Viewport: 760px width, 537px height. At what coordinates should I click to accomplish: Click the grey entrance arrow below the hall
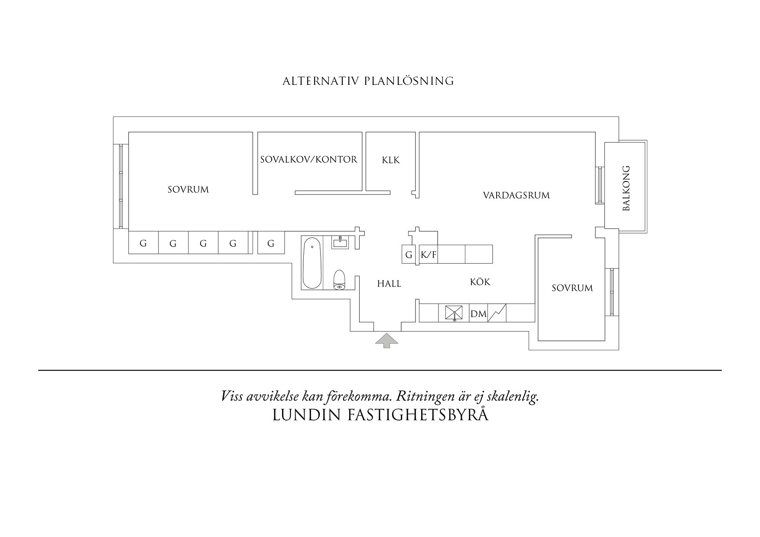tap(386, 340)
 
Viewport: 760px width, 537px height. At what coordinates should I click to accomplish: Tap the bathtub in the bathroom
tap(312, 263)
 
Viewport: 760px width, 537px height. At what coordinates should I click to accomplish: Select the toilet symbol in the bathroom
tap(339, 280)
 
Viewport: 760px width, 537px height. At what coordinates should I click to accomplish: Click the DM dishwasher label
tap(478, 314)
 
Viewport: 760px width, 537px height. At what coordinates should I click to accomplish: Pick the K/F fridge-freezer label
tap(429, 255)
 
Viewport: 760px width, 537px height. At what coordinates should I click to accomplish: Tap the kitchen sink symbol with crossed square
tap(454, 313)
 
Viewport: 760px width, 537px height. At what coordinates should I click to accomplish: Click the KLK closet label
tap(390, 160)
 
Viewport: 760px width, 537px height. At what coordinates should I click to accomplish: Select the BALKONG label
tap(626, 188)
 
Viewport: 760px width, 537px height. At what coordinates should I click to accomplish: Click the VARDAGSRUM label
tap(516, 195)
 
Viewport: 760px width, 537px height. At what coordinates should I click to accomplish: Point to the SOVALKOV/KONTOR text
tap(309, 159)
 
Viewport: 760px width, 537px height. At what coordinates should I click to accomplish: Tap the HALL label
tap(389, 284)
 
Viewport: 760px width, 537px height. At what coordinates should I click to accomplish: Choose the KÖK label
tap(480, 282)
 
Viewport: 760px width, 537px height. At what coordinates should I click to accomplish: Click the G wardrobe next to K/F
tap(409, 255)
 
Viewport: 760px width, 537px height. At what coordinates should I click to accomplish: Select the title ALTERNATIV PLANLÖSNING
tap(368, 81)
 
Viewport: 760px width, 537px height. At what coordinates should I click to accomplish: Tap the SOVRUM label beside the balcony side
tap(572, 288)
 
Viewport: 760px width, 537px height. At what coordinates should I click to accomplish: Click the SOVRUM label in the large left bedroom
tap(188, 190)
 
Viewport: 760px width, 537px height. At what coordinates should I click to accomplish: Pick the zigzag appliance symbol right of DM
tap(497, 313)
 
